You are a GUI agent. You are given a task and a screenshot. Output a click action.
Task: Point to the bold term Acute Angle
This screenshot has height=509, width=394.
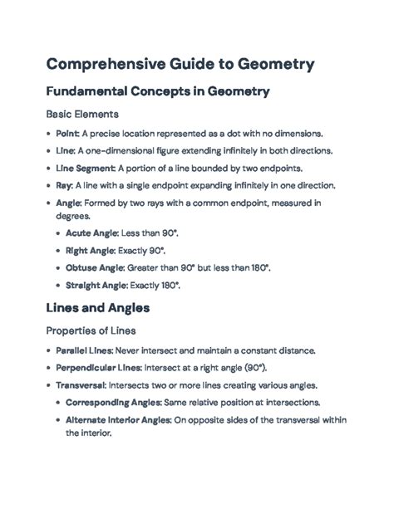(x=94, y=233)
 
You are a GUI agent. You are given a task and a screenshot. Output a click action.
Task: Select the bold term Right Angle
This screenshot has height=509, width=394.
(x=92, y=251)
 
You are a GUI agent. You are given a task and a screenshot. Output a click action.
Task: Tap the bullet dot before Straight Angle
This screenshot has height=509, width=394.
(x=57, y=285)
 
